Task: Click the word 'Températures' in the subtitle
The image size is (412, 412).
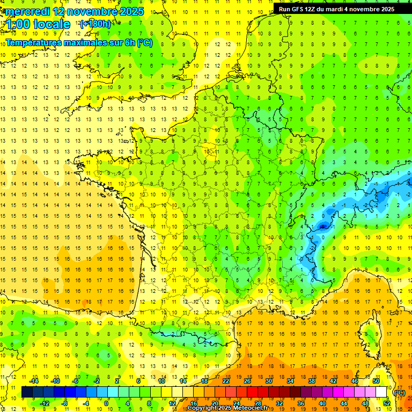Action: click(x=34, y=42)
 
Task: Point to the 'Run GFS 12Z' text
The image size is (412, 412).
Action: click(x=298, y=9)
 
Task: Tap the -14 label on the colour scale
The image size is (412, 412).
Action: click(x=34, y=381)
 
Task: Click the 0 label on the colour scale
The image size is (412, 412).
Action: click(x=106, y=403)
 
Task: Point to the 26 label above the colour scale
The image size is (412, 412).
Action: click(x=247, y=381)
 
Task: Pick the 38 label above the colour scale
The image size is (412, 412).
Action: click(x=311, y=381)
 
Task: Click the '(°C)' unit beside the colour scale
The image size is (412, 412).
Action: click(x=399, y=393)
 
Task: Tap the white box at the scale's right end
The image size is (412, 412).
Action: click(x=381, y=392)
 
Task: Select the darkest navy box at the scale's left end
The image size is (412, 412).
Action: click(x=27, y=392)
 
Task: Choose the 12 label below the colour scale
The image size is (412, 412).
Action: click(x=173, y=403)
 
